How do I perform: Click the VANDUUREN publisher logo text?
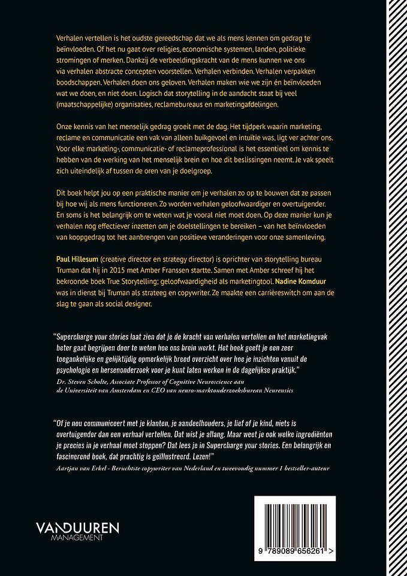click(77, 529)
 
